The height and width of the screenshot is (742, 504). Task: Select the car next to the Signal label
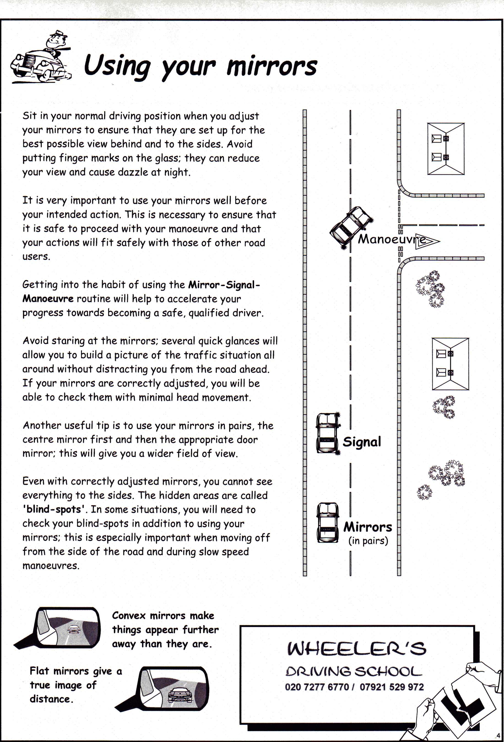tap(327, 433)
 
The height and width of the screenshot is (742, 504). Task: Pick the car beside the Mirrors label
tap(327, 522)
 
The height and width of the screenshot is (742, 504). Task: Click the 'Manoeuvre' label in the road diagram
tap(391, 239)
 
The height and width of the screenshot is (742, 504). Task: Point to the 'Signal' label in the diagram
tap(362, 442)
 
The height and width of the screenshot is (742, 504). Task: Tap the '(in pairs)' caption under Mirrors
tap(368, 541)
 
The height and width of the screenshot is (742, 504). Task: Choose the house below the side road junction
tap(450, 364)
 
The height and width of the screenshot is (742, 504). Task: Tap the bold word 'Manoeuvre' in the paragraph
tap(48, 299)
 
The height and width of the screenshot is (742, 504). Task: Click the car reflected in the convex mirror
tap(74, 629)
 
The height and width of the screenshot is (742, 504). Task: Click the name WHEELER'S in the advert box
tap(356, 649)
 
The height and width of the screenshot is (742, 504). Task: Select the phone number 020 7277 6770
tap(316, 687)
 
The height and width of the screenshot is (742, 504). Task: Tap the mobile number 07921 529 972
tap(391, 687)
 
